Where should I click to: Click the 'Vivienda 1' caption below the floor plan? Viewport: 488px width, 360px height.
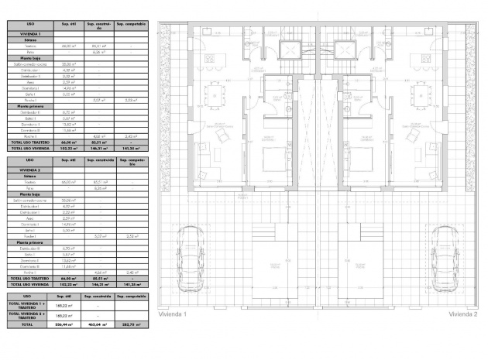tap(173, 315)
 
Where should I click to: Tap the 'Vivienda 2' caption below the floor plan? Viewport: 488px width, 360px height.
tap(462, 315)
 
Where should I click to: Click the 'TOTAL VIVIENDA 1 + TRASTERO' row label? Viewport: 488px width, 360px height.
tap(29, 306)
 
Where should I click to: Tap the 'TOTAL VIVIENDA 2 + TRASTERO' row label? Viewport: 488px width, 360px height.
tap(29, 316)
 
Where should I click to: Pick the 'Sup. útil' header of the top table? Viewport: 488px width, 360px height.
tap(67, 25)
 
